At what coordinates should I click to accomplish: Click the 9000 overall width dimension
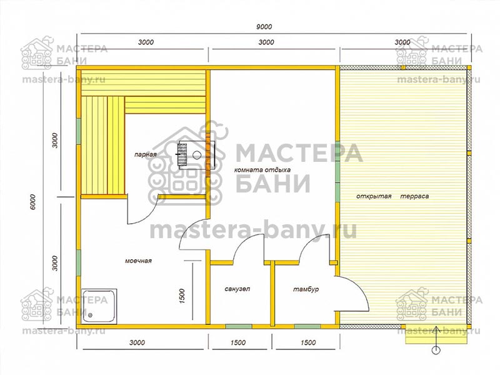click(x=264, y=27)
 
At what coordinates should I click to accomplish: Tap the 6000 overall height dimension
click(x=34, y=201)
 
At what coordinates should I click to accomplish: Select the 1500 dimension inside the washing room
click(x=182, y=296)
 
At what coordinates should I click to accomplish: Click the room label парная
click(x=146, y=154)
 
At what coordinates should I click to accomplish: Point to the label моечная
click(x=138, y=261)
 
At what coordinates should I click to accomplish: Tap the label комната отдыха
click(x=262, y=169)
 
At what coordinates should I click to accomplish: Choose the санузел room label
click(x=237, y=289)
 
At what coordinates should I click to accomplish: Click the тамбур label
click(x=306, y=289)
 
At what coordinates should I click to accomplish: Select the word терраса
click(x=414, y=196)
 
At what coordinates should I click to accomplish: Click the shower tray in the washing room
click(x=99, y=306)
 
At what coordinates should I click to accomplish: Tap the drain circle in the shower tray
click(x=90, y=316)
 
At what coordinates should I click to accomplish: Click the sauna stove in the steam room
click(x=196, y=154)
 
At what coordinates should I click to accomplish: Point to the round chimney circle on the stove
click(x=197, y=154)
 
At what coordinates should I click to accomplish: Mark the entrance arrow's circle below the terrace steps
click(x=436, y=350)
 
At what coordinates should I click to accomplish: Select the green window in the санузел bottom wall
click(x=239, y=326)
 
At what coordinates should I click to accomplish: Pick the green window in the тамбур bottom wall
click(x=307, y=326)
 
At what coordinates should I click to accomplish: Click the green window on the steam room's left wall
click(x=79, y=131)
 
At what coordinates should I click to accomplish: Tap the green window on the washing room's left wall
click(x=79, y=262)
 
